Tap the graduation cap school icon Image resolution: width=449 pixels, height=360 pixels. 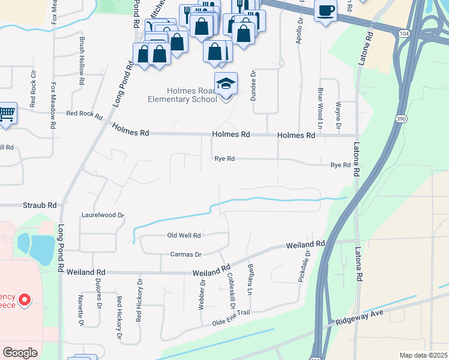226,85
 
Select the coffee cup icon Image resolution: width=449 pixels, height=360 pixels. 325,11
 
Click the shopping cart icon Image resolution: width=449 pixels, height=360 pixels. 7,113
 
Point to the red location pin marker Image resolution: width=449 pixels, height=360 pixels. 25,299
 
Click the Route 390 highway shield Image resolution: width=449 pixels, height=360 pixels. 400,119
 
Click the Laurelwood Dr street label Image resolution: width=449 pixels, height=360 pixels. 103,214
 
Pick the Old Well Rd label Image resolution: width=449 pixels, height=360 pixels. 184,235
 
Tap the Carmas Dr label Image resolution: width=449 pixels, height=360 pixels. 185,254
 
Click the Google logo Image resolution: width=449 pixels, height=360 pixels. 20,352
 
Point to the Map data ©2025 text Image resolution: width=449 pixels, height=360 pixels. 423,355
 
